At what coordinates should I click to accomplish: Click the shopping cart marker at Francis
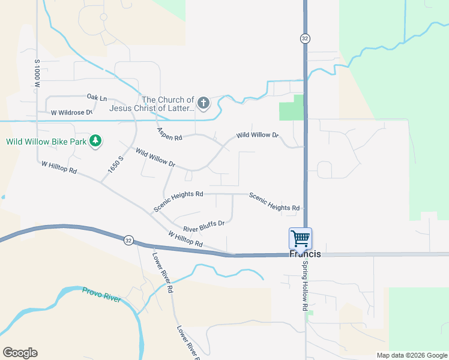(x=300, y=238)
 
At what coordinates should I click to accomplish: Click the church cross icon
(x=203, y=103)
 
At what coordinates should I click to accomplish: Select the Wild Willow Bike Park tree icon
(x=95, y=141)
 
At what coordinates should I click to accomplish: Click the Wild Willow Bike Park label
(x=46, y=142)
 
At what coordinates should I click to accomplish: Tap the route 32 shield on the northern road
(x=305, y=38)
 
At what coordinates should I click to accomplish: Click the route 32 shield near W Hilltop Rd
(x=128, y=240)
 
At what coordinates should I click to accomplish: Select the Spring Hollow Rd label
(x=305, y=286)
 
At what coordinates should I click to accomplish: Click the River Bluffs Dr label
(x=203, y=226)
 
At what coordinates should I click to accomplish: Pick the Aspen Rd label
(x=169, y=134)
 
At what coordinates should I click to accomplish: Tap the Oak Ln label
(x=97, y=97)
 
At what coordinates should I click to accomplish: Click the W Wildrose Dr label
(x=71, y=112)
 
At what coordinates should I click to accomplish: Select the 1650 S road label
(x=115, y=165)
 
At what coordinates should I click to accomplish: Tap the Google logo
(x=20, y=353)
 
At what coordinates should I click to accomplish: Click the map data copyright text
(x=412, y=355)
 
